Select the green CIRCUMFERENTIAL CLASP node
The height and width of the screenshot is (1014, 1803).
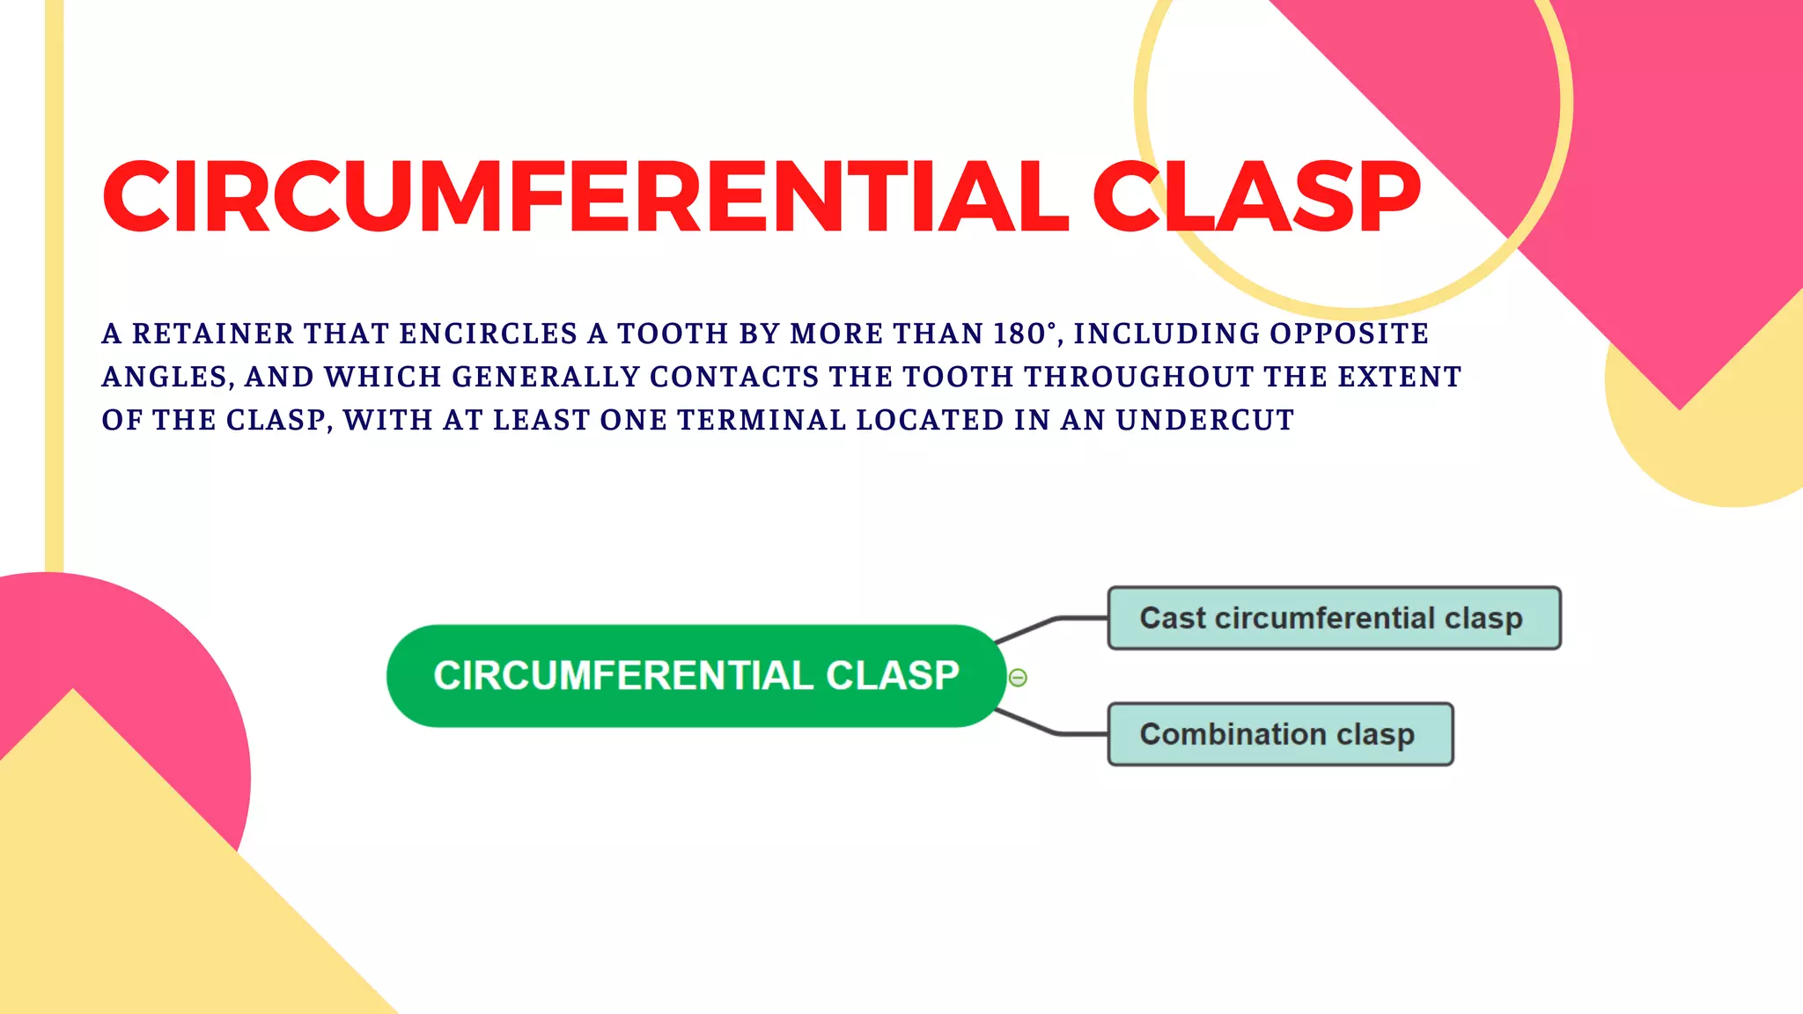pyautogui.click(x=695, y=676)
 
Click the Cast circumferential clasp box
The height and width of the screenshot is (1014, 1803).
pyautogui.click(x=1333, y=618)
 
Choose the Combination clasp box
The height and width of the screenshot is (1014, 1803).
pyautogui.click(x=1279, y=734)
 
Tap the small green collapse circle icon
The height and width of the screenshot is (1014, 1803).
pyautogui.click(x=1018, y=678)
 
